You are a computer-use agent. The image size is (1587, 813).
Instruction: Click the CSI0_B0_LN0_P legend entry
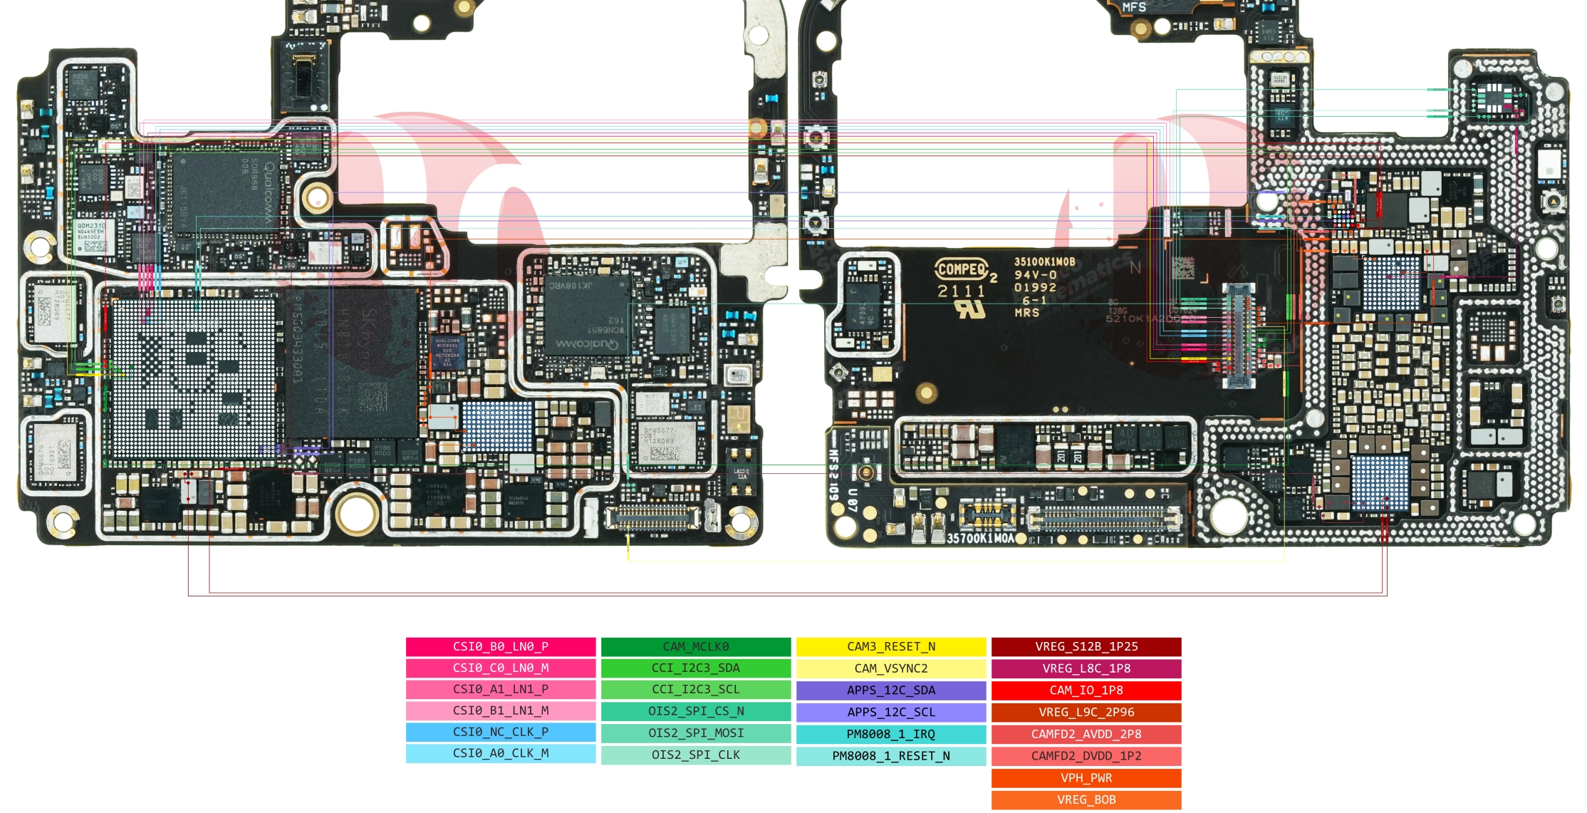tap(500, 646)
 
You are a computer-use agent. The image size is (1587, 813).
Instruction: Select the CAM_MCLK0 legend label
tap(695, 646)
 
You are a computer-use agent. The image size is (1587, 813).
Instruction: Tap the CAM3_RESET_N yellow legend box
tap(890, 646)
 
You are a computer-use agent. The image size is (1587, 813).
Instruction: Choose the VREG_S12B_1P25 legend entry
tap(1086, 646)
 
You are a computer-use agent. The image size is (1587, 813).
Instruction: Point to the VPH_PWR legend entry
tap(1086, 778)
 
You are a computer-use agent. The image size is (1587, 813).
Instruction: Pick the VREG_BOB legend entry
tap(1086, 799)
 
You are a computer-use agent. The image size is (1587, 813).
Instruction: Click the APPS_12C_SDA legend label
tap(890, 690)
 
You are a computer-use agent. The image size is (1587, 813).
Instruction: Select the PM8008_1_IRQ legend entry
tap(890, 734)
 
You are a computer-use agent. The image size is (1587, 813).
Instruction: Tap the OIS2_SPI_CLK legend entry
tap(695, 755)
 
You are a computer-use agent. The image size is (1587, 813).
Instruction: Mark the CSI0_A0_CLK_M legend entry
tap(500, 753)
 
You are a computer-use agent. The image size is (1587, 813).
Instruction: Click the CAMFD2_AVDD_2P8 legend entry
tap(1086, 734)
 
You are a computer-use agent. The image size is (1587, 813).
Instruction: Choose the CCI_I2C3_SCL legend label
tap(695, 689)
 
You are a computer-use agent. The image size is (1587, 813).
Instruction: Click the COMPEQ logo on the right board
tap(961, 269)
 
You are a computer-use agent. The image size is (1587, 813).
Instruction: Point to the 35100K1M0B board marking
tap(1044, 262)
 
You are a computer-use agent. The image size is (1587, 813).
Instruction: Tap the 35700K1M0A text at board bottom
tap(979, 539)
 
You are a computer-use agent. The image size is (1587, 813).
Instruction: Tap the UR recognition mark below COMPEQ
tap(969, 309)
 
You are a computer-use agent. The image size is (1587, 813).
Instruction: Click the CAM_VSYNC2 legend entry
tap(890, 668)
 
